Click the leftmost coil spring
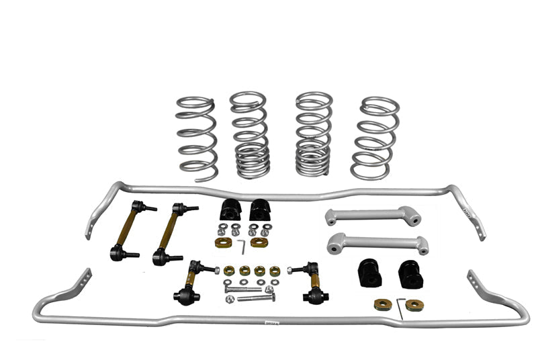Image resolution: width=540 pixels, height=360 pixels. tap(196, 138)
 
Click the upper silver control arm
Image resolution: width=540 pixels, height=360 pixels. tap(373, 216)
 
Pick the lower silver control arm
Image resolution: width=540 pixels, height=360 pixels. tap(377, 242)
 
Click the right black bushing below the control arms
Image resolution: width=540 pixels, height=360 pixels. tap(410, 273)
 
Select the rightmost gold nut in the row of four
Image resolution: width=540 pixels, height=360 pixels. tap(275, 271)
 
